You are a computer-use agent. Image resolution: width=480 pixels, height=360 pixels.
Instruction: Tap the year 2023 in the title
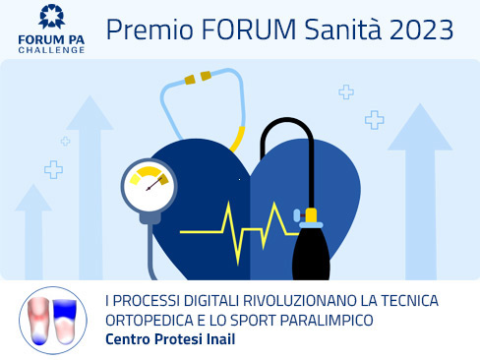(x=417, y=30)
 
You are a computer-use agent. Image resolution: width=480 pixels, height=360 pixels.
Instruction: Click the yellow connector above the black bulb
(x=311, y=214)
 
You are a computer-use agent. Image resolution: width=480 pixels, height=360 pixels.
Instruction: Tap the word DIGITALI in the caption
(x=212, y=301)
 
